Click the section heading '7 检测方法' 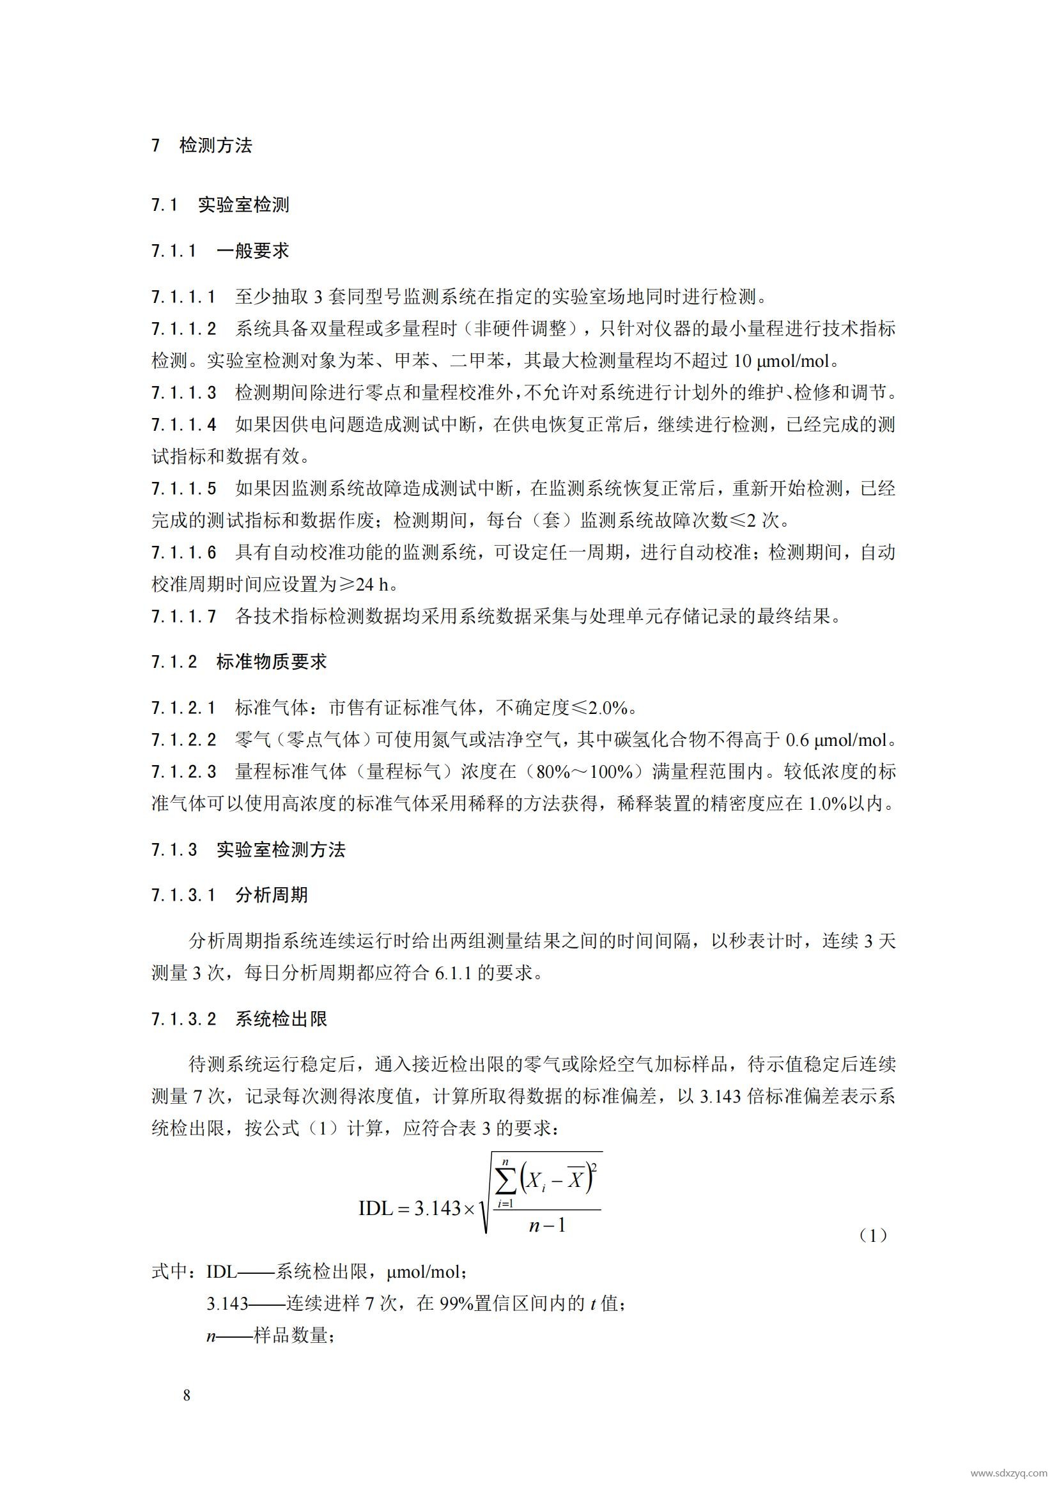point(202,145)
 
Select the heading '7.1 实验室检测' point(220,205)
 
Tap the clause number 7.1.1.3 point(184,393)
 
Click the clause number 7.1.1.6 point(184,553)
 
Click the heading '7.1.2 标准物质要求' point(239,662)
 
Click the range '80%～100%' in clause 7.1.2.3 point(583,772)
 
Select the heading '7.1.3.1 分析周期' point(229,895)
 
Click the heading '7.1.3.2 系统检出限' point(239,1019)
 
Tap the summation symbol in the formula point(505,1181)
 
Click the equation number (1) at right point(873,1236)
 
